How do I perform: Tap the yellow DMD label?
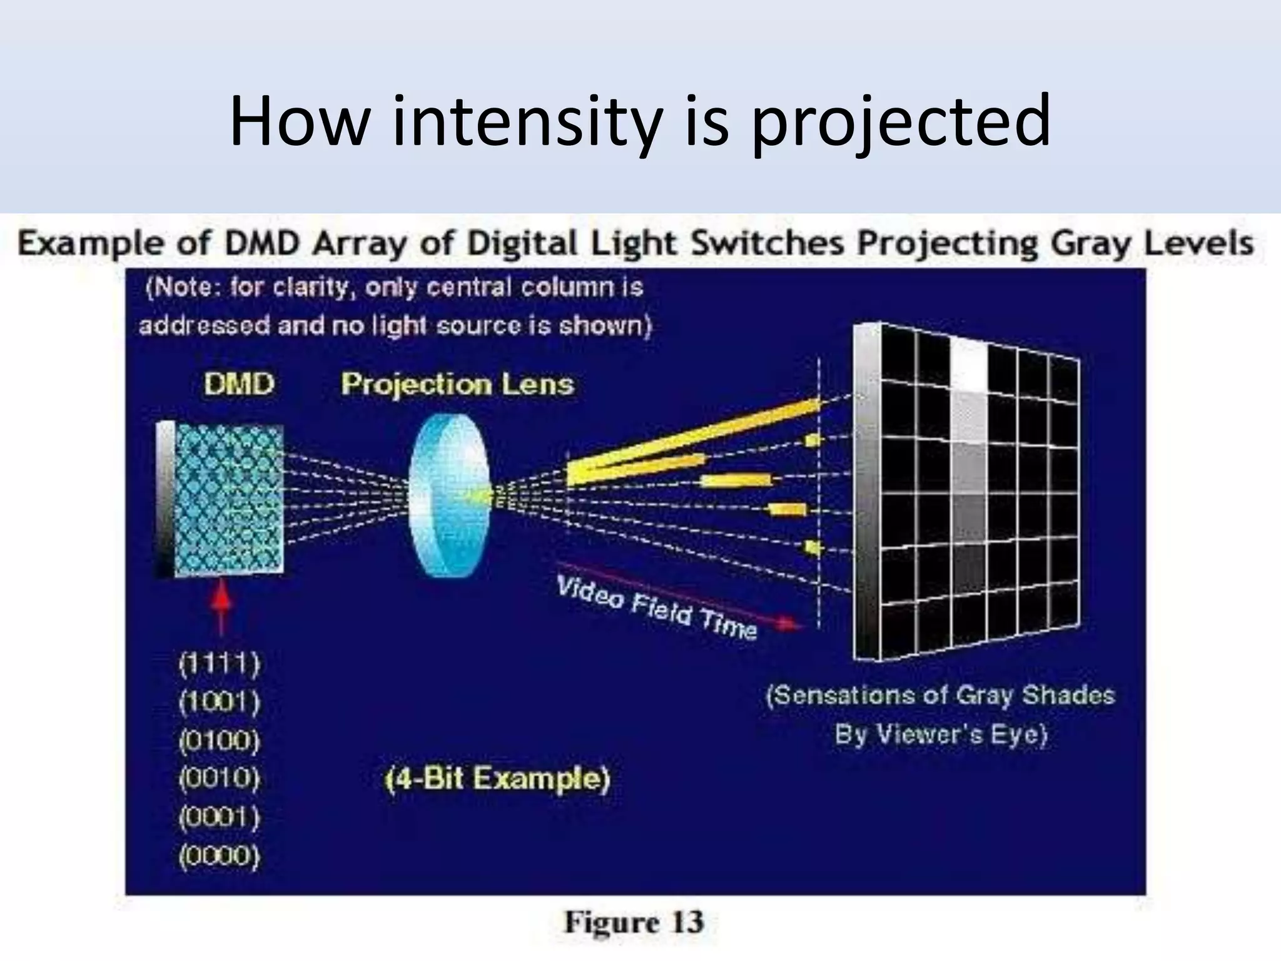coord(239,384)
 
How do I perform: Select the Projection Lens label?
coord(457,384)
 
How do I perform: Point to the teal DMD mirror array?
coord(228,499)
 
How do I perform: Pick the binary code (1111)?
coord(219,664)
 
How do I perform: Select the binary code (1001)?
coord(219,703)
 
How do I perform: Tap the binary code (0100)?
coord(219,741)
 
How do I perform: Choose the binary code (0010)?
coord(219,779)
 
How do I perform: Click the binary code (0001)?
coord(219,817)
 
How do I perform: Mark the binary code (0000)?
coord(219,855)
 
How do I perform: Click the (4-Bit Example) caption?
coord(497,780)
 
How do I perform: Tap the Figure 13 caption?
coord(634,922)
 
